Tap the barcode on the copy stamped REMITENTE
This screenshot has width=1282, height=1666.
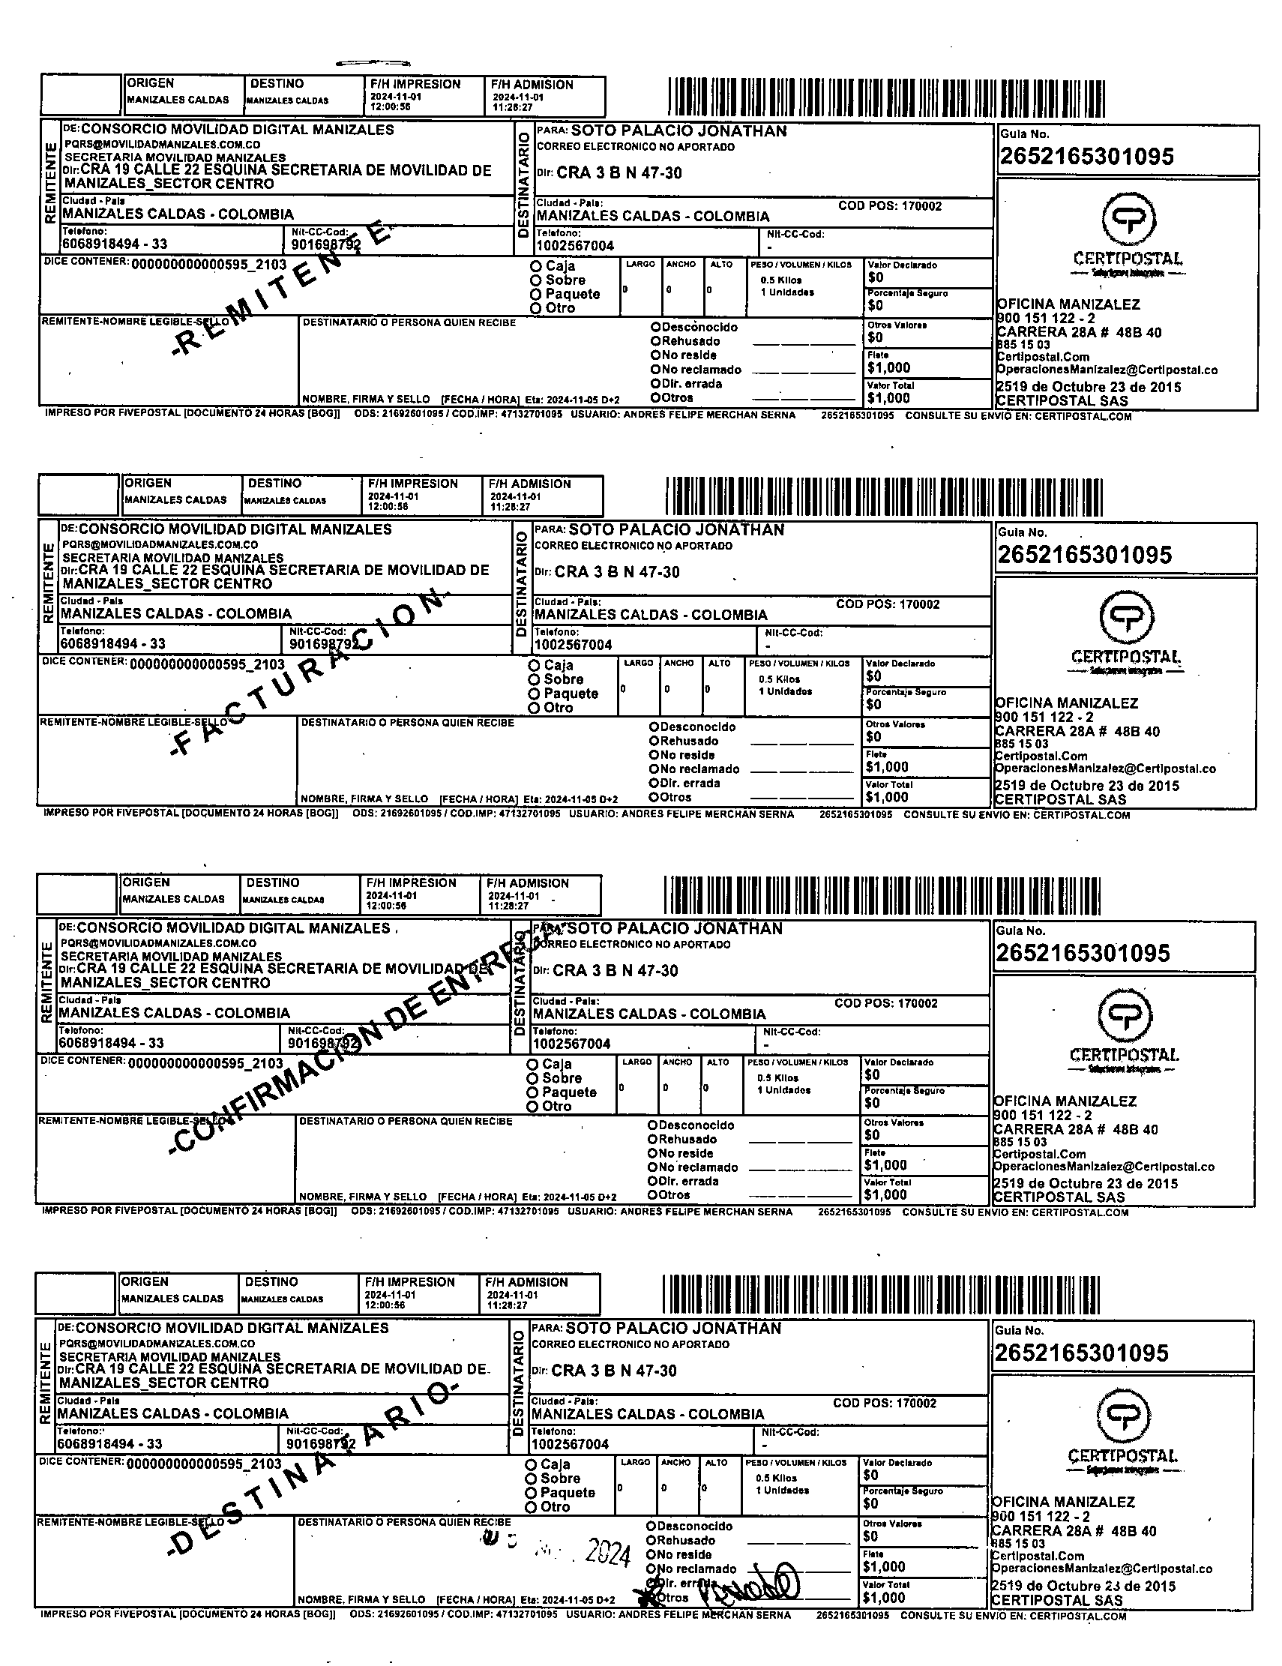pyautogui.click(x=885, y=97)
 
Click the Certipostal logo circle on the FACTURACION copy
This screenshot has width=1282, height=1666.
pyautogui.click(x=1125, y=618)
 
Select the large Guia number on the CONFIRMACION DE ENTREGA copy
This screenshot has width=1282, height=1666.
pyautogui.click(x=1082, y=953)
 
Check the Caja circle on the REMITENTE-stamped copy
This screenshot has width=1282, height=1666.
pyautogui.click(x=536, y=266)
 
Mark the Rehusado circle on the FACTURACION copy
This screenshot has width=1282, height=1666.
pyautogui.click(x=654, y=741)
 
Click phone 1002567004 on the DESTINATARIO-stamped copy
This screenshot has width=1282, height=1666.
pyautogui.click(x=570, y=1444)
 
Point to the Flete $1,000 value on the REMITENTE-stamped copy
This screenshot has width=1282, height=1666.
pyautogui.click(x=888, y=367)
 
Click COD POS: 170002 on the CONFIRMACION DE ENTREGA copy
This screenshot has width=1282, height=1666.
pyautogui.click(x=885, y=1003)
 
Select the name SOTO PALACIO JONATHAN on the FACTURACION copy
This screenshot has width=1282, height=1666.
pyautogui.click(x=675, y=529)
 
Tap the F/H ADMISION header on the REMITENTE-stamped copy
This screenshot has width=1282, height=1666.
pyautogui.click(x=532, y=85)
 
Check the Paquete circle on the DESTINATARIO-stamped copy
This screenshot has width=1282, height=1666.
pyautogui.click(x=531, y=1493)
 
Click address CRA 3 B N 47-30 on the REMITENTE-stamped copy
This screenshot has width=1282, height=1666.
pyautogui.click(x=619, y=173)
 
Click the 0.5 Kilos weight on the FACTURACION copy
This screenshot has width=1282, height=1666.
pyautogui.click(x=779, y=679)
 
